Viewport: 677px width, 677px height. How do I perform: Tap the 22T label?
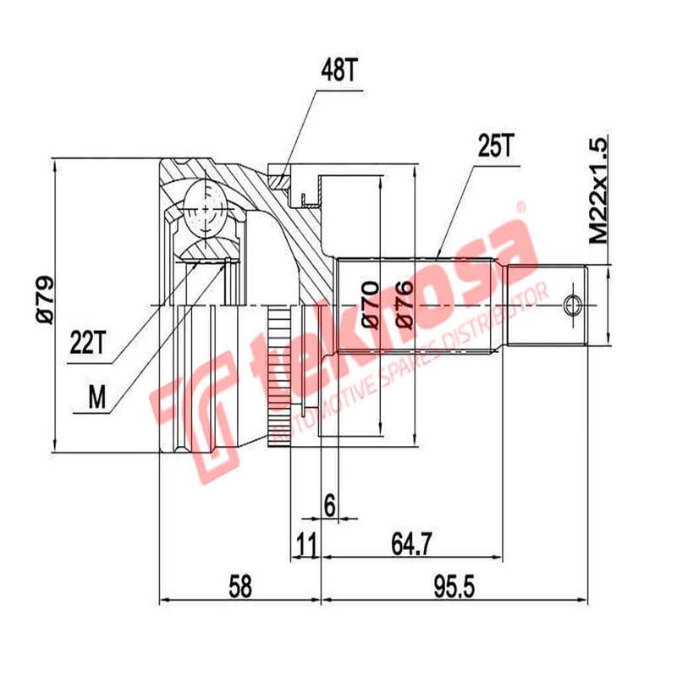point(88,343)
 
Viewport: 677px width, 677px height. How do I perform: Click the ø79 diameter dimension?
point(45,300)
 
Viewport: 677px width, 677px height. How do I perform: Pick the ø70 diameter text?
point(371,305)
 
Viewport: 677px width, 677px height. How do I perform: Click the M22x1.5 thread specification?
point(598,192)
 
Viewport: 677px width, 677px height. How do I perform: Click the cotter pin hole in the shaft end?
point(573,305)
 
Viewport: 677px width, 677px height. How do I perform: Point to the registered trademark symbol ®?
point(521,206)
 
